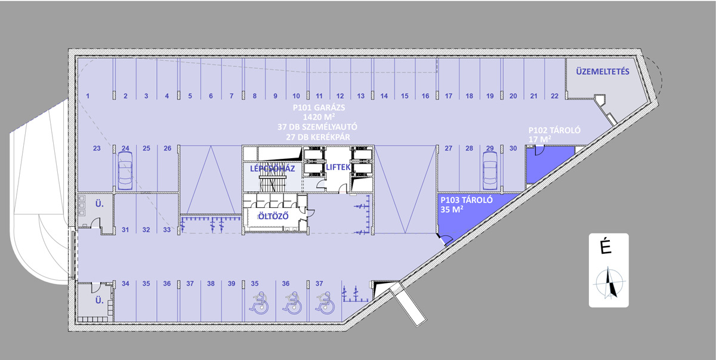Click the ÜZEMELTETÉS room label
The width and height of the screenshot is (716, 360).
point(603,72)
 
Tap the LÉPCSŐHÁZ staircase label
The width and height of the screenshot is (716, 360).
point(272,168)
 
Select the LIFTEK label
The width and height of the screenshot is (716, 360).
point(338,167)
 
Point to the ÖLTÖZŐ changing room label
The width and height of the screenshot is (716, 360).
point(273,216)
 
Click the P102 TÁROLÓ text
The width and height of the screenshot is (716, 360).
point(554,130)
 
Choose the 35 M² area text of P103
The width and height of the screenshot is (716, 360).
point(452,210)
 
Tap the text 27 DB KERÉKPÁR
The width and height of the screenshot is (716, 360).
point(317,137)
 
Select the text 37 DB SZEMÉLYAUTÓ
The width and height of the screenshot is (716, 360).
point(317,127)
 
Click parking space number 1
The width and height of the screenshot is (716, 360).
point(88,96)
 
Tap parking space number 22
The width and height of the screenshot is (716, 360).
point(554,96)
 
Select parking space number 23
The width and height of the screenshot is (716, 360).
point(97,148)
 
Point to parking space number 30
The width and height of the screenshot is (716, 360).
point(513,148)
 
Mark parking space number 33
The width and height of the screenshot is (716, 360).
point(167,230)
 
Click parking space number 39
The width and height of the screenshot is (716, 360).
point(232,284)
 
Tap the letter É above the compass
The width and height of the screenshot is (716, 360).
point(606,247)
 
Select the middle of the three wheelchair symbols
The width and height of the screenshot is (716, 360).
point(292,303)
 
